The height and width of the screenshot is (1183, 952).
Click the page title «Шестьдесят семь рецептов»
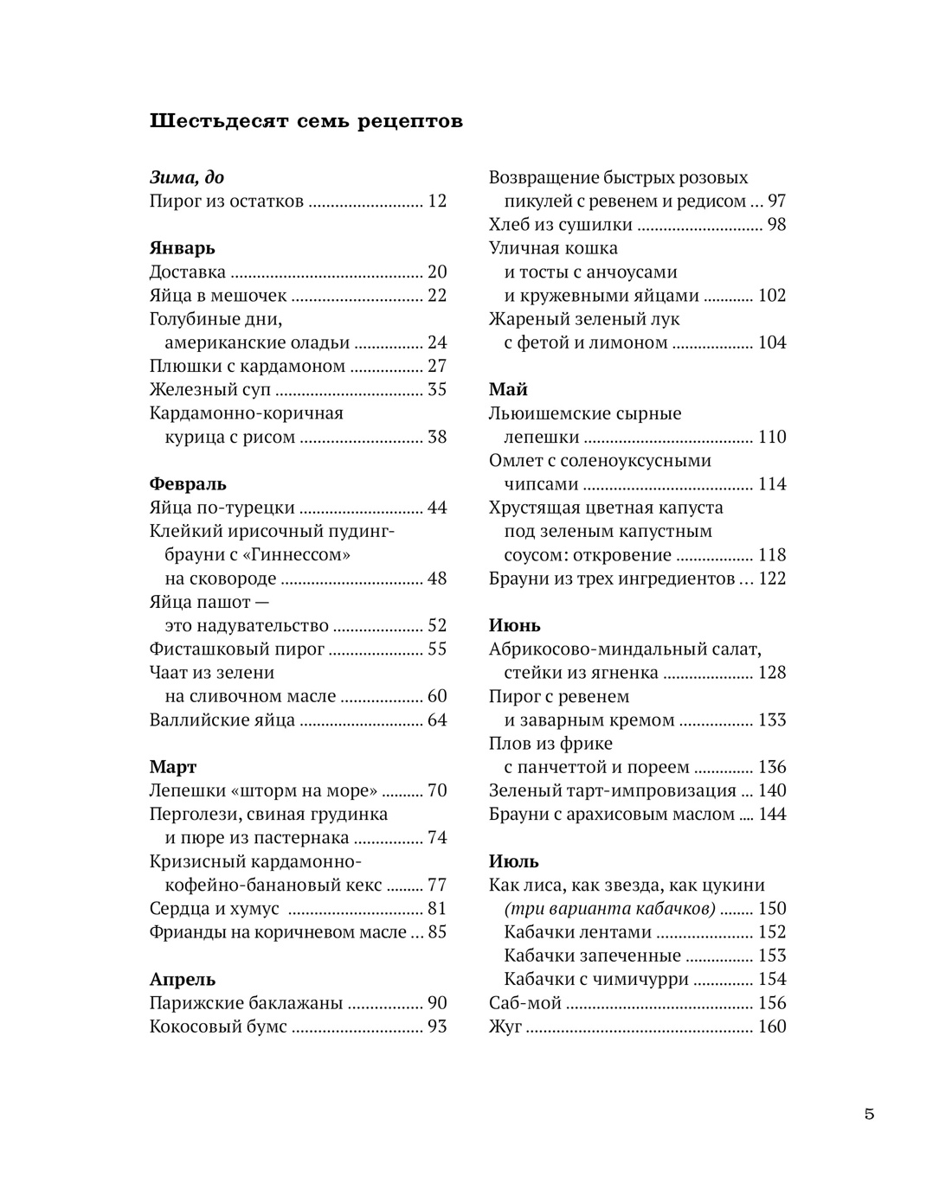tap(306, 121)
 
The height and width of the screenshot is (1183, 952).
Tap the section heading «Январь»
tap(182, 248)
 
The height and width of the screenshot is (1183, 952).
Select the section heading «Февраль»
tap(188, 483)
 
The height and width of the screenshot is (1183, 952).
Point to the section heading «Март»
tap(173, 767)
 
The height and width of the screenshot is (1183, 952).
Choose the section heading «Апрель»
tap(183, 980)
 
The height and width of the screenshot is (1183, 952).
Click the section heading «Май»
tap(508, 389)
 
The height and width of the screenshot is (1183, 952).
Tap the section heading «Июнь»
tap(514, 625)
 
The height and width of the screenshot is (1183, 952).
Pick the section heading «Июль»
tap(513, 861)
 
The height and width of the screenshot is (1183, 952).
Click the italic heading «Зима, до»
tap(187, 177)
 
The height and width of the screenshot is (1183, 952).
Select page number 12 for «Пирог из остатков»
tap(437, 201)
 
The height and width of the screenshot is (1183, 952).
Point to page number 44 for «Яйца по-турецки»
tap(437, 508)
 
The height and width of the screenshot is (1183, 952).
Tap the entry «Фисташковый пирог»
tap(237, 649)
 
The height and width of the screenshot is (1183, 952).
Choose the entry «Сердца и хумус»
tap(215, 909)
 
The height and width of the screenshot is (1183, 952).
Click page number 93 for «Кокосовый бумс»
tap(437, 1027)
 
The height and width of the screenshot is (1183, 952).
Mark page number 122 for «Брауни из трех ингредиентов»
tap(772, 579)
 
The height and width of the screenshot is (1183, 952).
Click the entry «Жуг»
tap(505, 1027)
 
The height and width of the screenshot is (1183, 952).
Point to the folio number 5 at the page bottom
tap(869, 1114)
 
